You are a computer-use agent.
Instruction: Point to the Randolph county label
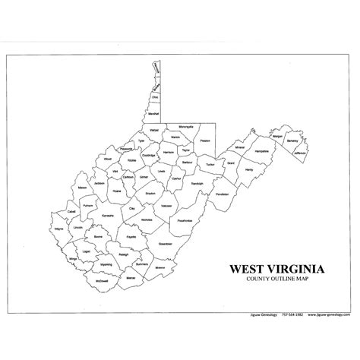(197, 184)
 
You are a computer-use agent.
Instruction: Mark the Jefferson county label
(298, 153)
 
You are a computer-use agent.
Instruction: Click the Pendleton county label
(222, 194)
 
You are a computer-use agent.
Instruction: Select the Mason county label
(81, 187)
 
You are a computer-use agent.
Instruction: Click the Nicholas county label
(147, 219)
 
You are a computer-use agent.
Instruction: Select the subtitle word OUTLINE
(283, 279)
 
